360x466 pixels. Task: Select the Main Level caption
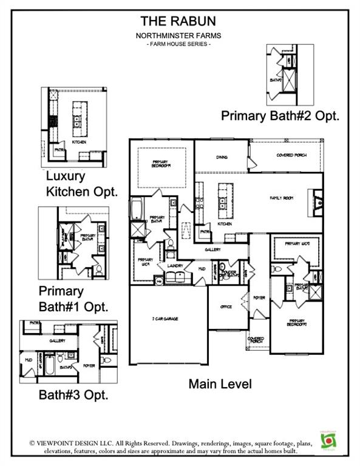[220, 383]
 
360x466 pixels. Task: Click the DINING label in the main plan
[222, 157]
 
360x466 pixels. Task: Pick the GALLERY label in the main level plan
[212, 249]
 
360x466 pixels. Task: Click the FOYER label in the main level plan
[260, 298]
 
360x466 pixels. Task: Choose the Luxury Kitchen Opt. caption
[81, 184]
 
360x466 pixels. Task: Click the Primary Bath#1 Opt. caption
[73, 299]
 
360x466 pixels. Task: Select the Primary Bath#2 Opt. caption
[280, 114]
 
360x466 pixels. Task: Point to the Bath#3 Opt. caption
[73, 395]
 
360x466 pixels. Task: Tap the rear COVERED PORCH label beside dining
[291, 155]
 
